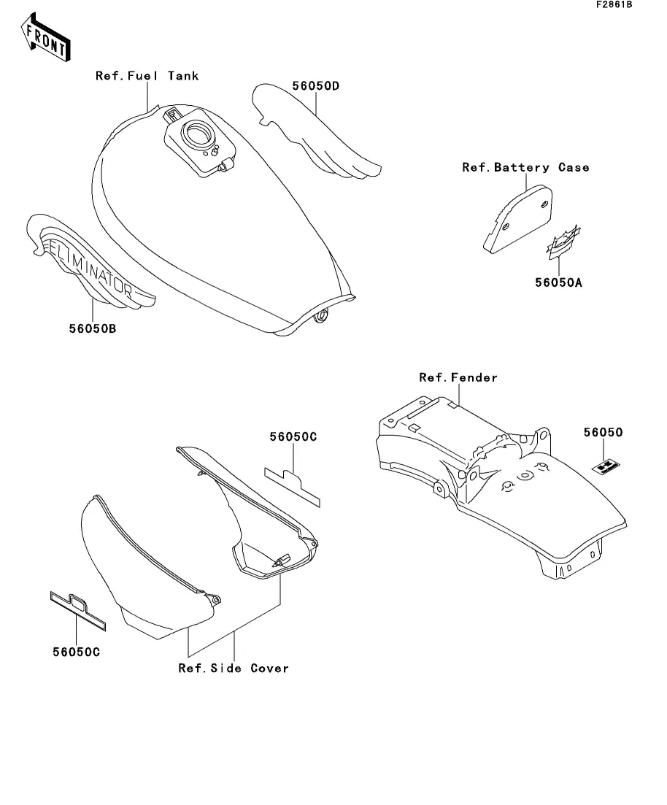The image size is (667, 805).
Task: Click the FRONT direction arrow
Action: click(x=46, y=42)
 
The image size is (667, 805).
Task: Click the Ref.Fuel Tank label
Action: click(x=147, y=76)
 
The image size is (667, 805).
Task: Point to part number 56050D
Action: click(x=316, y=86)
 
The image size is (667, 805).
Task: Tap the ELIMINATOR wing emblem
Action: click(x=88, y=263)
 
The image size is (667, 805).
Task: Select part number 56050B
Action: click(x=93, y=328)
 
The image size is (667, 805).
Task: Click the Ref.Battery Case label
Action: click(x=525, y=168)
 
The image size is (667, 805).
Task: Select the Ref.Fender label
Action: click(x=458, y=377)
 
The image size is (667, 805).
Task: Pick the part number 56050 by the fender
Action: click(x=603, y=433)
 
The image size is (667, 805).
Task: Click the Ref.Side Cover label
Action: click(x=234, y=668)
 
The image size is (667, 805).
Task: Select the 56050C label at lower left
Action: click(x=75, y=652)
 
